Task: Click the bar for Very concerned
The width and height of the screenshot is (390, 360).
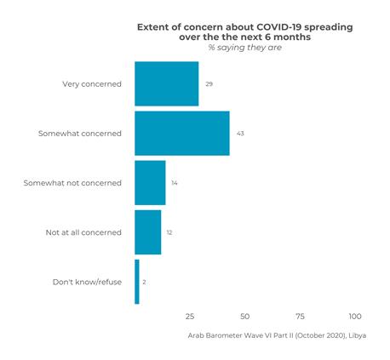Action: pyautogui.click(x=166, y=83)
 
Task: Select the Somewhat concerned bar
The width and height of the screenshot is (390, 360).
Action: pyautogui.click(x=181, y=134)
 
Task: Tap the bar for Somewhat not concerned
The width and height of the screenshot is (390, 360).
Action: pyautogui.click(x=150, y=183)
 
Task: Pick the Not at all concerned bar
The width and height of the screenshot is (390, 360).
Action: pyautogui.click(x=147, y=231)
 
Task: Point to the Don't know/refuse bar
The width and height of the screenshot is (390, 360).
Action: pyautogui.click(x=136, y=282)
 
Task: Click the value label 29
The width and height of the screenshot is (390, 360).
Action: pyautogui.click(x=209, y=84)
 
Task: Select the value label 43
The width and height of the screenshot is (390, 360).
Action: pyautogui.click(x=240, y=134)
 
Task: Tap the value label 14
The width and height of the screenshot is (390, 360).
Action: pyautogui.click(x=175, y=183)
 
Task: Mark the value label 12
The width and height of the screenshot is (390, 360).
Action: pyautogui.click(x=169, y=232)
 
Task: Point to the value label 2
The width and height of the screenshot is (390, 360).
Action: pyautogui.click(x=145, y=282)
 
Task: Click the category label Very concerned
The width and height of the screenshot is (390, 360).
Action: pyautogui.click(x=92, y=84)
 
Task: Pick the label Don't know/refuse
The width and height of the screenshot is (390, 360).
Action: pyautogui.click(x=87, y=282)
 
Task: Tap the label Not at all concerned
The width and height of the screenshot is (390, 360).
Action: pyautogui.click(x=83, y=232)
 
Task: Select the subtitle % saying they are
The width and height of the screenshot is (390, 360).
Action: pyautogui.click(x=245, y=48)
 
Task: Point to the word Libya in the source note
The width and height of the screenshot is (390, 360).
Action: pyautogui.click(x=358, y=335)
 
